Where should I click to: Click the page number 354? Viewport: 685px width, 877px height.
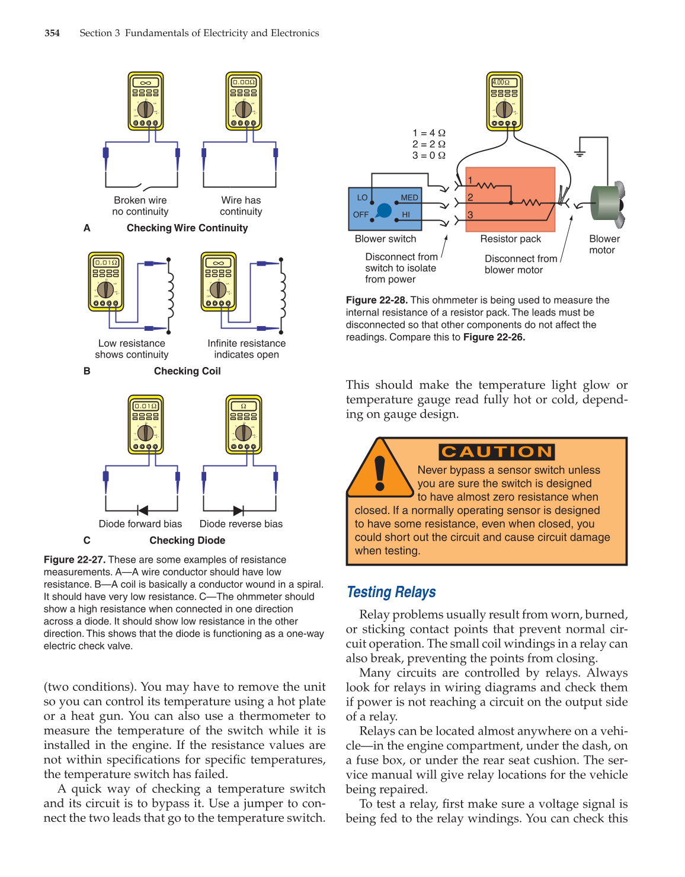coord(52,33)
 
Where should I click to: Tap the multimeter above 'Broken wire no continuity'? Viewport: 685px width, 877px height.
coord(146,101)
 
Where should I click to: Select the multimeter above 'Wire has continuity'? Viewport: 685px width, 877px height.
coord(244,101)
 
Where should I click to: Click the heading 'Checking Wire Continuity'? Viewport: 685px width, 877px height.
coord(187,228)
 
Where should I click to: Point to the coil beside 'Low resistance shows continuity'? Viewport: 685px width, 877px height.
coord(170,295)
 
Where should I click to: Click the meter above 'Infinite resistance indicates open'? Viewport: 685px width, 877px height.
coord(219,281)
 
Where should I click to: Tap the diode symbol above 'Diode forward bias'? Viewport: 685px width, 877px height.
coord(142,510)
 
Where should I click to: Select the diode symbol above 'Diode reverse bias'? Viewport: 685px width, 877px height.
coord(238,510)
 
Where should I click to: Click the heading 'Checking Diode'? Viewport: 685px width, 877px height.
coord(187,540)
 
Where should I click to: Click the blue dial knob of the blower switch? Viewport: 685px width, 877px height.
coord(384,210)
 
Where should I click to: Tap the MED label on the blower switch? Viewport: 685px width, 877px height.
coord(409,197)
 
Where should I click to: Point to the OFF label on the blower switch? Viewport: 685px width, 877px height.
coord(361,215)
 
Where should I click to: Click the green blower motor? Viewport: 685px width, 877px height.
coord(606,204)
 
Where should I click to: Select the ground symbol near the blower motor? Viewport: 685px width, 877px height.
coord(580,153)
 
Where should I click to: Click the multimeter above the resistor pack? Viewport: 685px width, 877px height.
coord(504,101)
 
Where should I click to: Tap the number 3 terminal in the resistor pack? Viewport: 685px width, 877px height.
coord(470,215)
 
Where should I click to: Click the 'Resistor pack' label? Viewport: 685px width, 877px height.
coord(510,238)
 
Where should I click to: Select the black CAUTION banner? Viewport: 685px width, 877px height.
coord(497,452)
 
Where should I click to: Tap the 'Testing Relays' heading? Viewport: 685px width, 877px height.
coord(391,592)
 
